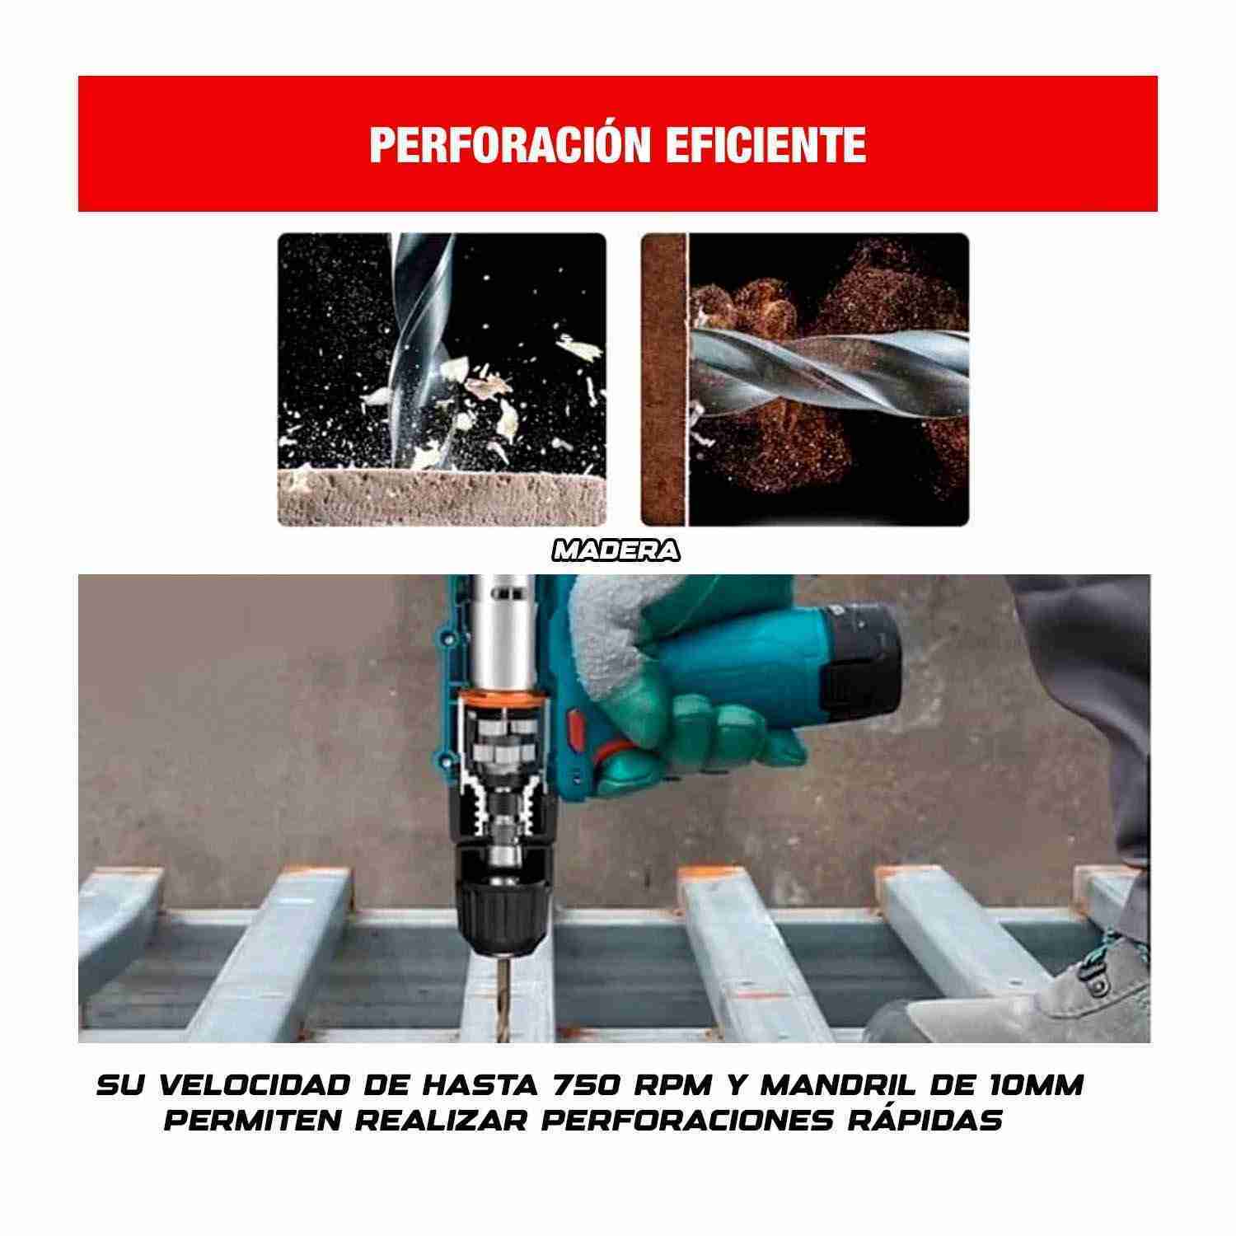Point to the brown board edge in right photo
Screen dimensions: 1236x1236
tap(663, 379)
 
